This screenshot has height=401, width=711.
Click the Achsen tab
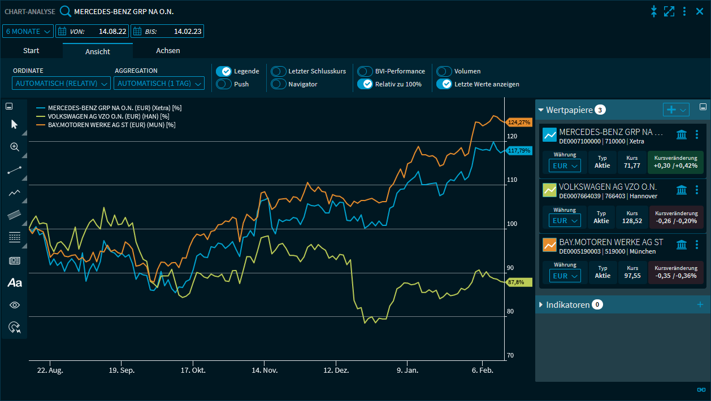(168, 51)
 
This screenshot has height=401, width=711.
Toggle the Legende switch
(224, 71)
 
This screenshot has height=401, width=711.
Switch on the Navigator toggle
(279, 84)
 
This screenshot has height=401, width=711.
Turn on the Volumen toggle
(444, 71)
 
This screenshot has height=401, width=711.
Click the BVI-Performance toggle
(365, 71)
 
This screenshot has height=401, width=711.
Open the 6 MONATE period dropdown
(28, 31)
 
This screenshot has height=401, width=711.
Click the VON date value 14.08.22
(111, 31)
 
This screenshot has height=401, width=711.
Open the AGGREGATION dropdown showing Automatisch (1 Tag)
(159, 84)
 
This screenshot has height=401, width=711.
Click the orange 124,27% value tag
(519, 122)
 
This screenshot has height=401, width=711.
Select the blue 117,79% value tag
(519, 151)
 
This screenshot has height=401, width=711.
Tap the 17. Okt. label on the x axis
(193, 371)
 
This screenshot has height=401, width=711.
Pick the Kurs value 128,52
(632, 220)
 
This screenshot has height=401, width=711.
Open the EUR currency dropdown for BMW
(564, 276)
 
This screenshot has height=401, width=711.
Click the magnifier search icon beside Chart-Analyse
(66, 11)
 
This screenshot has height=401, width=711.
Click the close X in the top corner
(700, 11)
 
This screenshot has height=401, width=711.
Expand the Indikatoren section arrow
(541, 305)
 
